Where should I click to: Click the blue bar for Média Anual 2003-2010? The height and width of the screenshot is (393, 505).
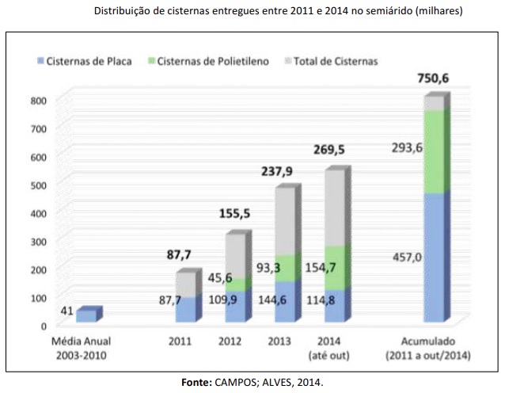pos(85,315)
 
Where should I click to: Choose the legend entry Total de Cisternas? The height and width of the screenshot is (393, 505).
pos(335,61)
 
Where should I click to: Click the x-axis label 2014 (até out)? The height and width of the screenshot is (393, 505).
pos(334,347)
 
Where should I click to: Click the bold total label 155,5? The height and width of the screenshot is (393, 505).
pos(235,214)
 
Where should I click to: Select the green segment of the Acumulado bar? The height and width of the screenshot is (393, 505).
pos(433,151)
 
